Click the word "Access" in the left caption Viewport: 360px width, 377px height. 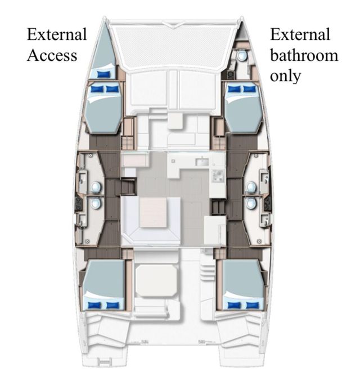point(52,55)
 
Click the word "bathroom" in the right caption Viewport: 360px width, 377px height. point(304,55)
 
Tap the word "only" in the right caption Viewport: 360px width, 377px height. point(286,76)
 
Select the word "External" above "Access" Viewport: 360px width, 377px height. point(57,34)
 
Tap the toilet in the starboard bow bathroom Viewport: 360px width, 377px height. point(242,56)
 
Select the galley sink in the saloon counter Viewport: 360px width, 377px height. point(202,162)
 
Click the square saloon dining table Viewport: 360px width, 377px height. point(153,212)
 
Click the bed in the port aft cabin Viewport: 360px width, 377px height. point(104,285)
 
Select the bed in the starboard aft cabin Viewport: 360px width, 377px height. point(244,285)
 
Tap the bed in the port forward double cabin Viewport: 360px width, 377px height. point(103,107)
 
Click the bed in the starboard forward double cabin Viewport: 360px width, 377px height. point(243,107)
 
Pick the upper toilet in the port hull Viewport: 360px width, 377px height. point(96,187)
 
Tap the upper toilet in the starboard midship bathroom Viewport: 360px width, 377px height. point(251,187)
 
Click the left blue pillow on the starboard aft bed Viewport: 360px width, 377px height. point(235,306)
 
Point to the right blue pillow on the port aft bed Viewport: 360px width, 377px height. point(112,306)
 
